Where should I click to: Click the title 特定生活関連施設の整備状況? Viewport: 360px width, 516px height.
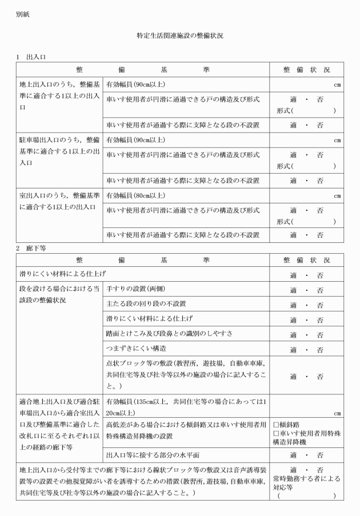180,35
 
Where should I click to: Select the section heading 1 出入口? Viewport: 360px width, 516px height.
32,57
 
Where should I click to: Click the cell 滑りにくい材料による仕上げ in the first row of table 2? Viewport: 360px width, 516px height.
62,275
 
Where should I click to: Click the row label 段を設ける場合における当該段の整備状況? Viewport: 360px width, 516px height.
59,294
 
